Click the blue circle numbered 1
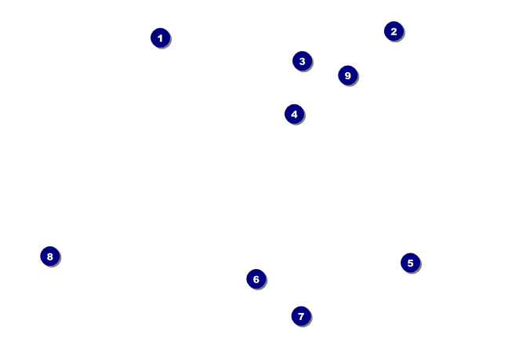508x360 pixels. (x=160, y=38)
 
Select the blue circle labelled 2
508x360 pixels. (x=394, y=31)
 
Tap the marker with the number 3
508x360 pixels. (x=302, y=61)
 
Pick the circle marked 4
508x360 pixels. (x=294, y=115)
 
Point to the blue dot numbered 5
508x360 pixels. (x=410, y=263)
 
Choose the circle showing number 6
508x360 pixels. (x=256, y=279)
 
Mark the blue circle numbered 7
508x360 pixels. (x=301, y=316)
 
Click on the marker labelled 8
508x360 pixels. (x=49, y=256)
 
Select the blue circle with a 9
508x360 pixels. (x=347, y=75)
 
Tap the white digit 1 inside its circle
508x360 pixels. (x=160, y=38)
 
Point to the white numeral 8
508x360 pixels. (x=49, y=256)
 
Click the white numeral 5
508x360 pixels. (x=410, y=263)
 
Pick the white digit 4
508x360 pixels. (x=294, y=115)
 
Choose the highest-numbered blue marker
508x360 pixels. (x=347, y=75)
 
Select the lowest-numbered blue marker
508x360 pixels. (x=160, y=38)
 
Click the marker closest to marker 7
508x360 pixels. (x=256, y=279)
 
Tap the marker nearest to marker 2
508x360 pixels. (x=347, y=75)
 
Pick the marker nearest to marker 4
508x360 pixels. (x=302, y=61)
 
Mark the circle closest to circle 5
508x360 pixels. (x=301, y=316)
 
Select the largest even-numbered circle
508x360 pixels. (x=49, y=256)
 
